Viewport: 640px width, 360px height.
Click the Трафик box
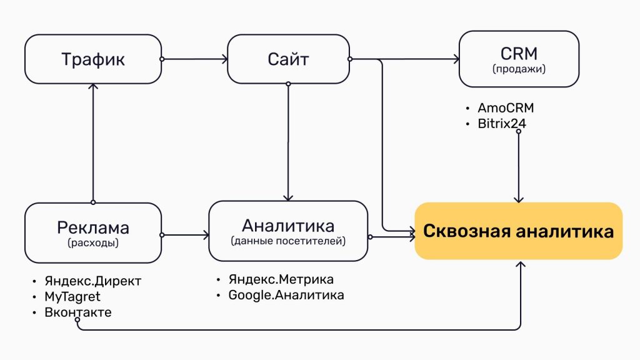coord(92,59)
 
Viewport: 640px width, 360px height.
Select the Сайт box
coord(288,59)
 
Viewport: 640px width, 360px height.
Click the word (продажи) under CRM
coord(519,69)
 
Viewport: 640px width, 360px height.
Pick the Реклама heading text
coord(92,226)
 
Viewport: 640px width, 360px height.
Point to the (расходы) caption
coord(92,243)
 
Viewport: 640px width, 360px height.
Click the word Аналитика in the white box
coord(288,225)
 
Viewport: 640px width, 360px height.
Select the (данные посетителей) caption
coord(288,241)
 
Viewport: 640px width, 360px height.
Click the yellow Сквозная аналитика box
coord(518,231)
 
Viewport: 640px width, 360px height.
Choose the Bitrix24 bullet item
coord(501,124)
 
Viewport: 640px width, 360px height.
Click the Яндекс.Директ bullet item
coord(92,281)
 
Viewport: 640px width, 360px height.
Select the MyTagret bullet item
coord(72,296)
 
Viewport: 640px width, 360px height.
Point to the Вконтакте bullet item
coord(78,312)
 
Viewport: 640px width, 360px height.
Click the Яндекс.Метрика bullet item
coord(281,279)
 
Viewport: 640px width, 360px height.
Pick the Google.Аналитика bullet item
coord(286,295)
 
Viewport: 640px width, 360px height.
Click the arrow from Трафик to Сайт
coord(194,59)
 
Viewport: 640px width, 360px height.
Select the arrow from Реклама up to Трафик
coord(92,144)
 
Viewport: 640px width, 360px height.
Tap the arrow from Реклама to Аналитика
coord(185,235)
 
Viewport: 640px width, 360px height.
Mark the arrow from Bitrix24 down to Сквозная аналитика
coord(518,166)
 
